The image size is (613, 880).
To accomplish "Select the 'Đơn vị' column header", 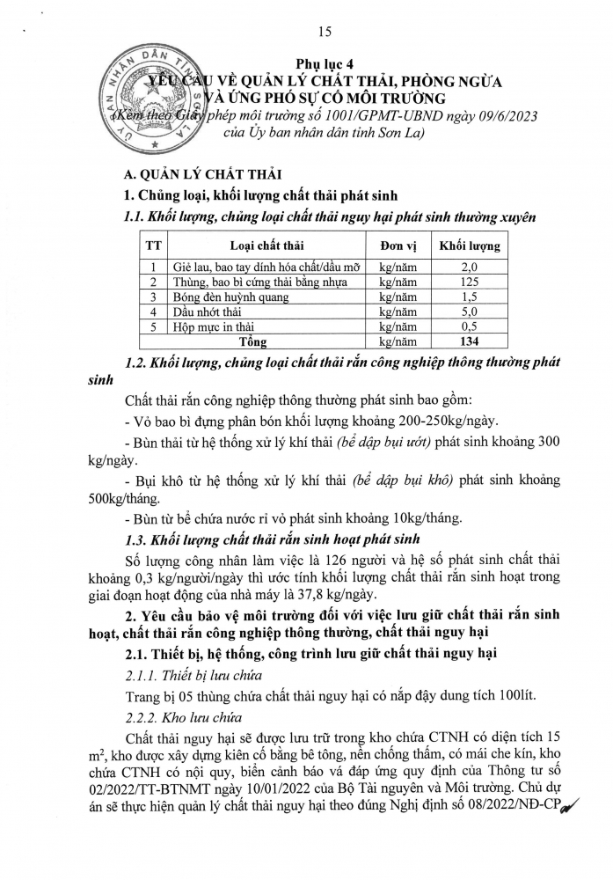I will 398,246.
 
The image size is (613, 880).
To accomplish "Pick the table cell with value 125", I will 470,282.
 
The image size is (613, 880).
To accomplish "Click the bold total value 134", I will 470,341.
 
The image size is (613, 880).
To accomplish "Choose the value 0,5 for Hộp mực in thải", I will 470,326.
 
